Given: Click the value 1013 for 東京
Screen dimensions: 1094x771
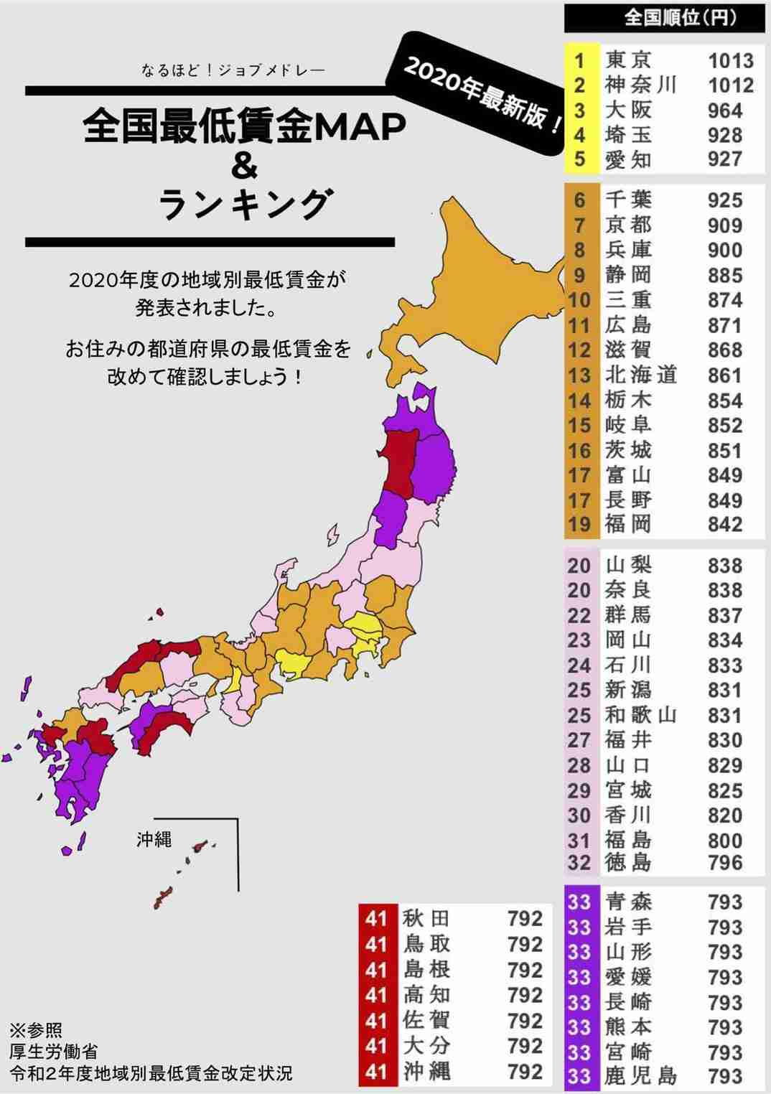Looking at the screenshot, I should click(730, 61).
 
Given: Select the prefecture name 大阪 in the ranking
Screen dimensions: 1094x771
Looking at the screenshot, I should click(628, 111).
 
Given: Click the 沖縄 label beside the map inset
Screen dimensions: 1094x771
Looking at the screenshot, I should click(154, 839).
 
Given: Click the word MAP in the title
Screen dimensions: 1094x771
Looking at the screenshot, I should click(360, 128).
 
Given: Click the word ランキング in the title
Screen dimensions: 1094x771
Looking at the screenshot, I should click(244, 205).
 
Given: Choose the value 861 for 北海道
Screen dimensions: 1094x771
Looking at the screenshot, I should click(724, 375).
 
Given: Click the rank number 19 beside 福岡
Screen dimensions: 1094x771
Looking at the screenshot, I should click(579, 525).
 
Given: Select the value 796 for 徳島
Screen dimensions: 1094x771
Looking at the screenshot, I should click(724, 862).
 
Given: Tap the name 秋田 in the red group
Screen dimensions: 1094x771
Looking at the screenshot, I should click(426, 918).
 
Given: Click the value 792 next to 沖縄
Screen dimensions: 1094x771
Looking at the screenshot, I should click(525, 1072).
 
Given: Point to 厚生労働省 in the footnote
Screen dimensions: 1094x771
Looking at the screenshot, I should click(54, 1052).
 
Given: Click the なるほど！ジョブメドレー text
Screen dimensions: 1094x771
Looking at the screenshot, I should click(233, 71).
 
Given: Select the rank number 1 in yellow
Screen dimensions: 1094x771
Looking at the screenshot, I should click(579, 60).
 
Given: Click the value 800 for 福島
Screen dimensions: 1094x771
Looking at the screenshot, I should click(724, 840).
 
